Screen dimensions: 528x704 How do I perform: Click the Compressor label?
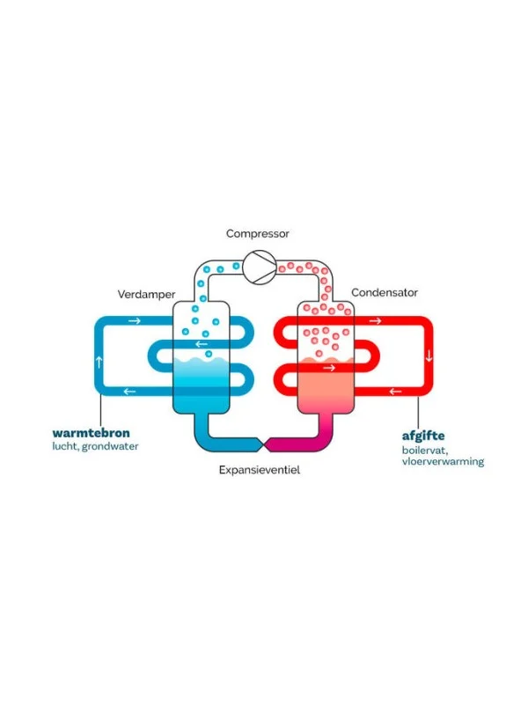coord(258,234)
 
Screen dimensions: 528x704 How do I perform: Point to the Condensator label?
coord(384,292)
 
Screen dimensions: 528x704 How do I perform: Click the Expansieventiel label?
coord(260,471)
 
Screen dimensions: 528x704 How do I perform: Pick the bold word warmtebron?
coord(92,433)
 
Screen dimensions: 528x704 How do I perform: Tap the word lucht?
coord(64,446)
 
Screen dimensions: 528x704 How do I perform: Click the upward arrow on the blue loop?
coord(99,360)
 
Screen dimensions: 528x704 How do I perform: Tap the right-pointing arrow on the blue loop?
coord(134,320)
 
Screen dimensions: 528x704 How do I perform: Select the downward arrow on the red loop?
coord(429,356)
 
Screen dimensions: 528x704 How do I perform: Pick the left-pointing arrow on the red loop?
coord(394,392)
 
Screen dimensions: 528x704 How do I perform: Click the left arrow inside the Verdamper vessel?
coord(202,344)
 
